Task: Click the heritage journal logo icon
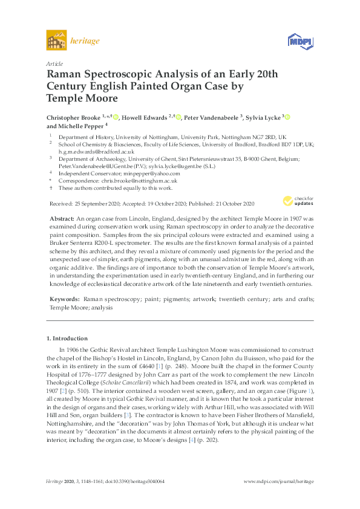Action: click(x=56, y=42)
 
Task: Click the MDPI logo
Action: click(x=299, y=42)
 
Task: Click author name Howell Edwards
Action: click(x=145, y=117)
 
